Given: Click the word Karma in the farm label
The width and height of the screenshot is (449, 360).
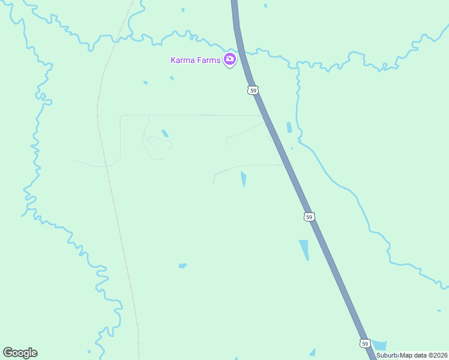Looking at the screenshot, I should click(x=182, y=59).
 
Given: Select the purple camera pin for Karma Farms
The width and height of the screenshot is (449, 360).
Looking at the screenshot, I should click(x=229, y=59).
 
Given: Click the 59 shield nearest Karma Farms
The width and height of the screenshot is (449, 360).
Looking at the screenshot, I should click(x=253, y=91).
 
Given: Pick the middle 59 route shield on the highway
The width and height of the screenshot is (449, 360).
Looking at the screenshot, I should click(x=309, y=217).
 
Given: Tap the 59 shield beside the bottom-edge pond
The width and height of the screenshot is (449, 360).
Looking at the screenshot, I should click(x=365, y=343).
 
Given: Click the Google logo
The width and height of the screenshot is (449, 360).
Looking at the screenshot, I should click(x=20, y=353).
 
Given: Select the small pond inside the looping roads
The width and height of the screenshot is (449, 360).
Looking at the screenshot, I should click(x=165, y=133).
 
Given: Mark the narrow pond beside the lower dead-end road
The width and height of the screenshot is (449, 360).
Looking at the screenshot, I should click(x=243, y=179).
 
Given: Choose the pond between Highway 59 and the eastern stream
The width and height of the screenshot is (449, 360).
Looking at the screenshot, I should click(x=289, y=127).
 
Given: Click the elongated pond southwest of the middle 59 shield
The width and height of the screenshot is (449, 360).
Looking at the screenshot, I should click(x=304, y=250).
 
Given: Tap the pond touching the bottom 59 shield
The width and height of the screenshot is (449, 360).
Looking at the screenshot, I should click(x=380, y=346).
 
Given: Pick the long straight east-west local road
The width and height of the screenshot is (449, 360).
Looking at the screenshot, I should click(x=192, y=115).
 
